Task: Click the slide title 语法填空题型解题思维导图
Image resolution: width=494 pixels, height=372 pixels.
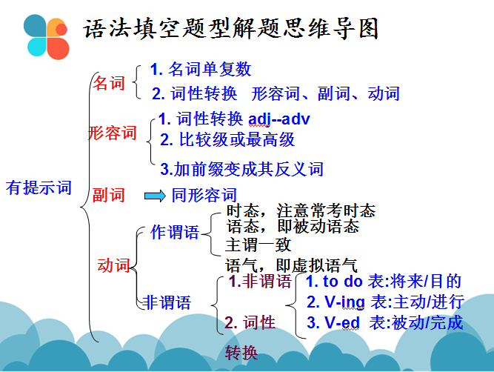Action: point(231,29)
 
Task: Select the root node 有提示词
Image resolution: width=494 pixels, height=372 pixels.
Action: point(39,187)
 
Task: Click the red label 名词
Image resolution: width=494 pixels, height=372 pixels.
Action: point(109,83)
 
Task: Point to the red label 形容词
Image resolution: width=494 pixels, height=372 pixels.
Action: point(113,133)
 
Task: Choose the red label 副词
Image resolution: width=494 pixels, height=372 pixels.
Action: point(109,195)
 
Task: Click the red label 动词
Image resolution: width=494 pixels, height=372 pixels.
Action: point(114,265)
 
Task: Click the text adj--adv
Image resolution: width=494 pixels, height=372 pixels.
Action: point(278,119)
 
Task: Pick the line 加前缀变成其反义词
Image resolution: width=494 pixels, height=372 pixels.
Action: point(242,170)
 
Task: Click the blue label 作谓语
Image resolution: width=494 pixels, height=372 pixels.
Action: point(175,233)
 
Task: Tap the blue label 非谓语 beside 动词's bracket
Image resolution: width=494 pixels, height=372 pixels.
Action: point(167,302)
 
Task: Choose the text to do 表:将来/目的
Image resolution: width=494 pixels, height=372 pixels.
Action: point(384,282)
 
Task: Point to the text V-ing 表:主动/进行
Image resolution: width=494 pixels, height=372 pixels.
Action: point(384,302)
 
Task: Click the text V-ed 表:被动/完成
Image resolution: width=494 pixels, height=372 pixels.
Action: point(384,322)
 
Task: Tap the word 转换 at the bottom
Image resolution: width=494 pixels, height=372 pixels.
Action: point(242,353)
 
